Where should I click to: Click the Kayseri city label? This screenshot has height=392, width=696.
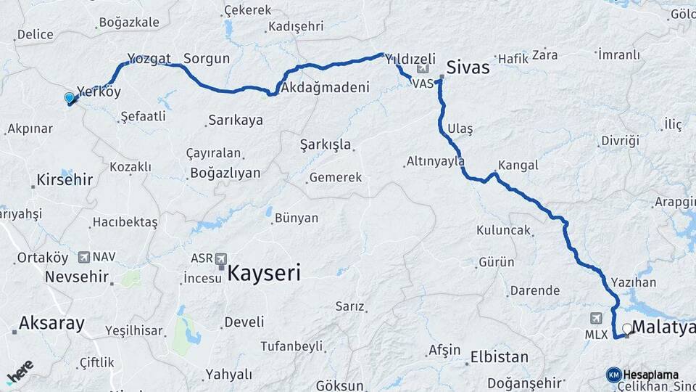click(264, 273)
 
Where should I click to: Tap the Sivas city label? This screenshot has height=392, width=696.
click(468, 68)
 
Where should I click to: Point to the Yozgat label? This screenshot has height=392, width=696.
click(149, 59)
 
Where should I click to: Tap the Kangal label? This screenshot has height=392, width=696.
click(518, 165)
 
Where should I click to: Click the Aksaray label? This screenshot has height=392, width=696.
click(51, 323)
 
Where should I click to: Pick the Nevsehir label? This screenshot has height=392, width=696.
click(76, 277)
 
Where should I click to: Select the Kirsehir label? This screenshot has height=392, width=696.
click(65, 179)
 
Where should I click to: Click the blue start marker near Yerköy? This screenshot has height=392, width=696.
click(70, 97)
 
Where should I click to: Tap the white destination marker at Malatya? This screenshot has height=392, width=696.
click(627, 329)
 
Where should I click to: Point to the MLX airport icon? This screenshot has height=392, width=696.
click(596, 318)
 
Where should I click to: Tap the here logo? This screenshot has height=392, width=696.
click(20, 372)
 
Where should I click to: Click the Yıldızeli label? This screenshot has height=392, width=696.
click(410, 59)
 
